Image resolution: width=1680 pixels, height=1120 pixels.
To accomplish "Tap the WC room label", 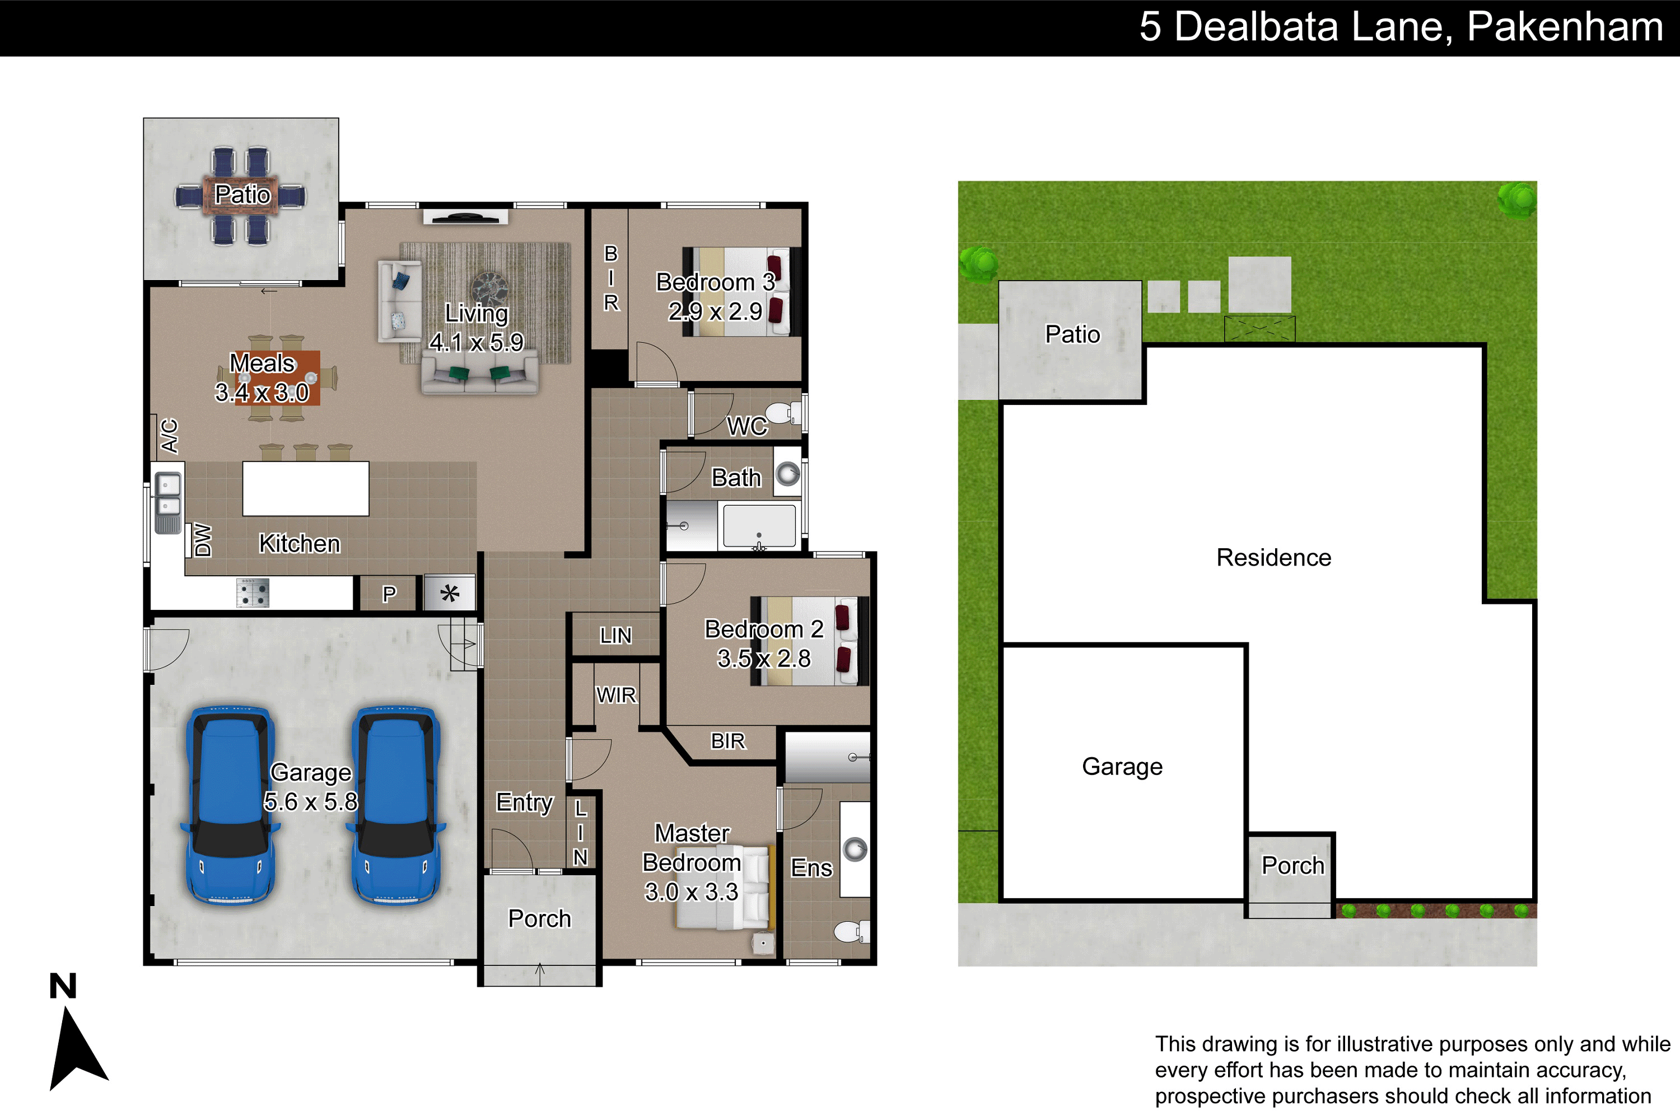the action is [747, 426].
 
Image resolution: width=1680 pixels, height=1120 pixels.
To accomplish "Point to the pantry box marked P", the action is [389, 594].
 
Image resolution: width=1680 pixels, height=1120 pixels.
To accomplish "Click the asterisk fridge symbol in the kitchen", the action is [449, 593].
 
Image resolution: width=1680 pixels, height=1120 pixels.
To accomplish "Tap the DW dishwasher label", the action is [203, 540].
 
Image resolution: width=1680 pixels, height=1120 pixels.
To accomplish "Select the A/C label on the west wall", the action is [169, 436].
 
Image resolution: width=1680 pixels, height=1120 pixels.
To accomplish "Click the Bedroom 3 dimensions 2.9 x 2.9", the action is [715, 311].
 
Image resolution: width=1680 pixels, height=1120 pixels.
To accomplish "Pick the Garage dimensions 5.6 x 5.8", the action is [311, 801].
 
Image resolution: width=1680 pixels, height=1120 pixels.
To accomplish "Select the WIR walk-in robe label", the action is [615, 695].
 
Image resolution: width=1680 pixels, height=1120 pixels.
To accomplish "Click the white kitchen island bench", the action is [306, 488].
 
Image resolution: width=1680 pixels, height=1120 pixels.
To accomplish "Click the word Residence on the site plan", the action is [1273, 557].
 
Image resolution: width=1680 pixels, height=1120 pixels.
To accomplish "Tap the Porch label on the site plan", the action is [1293, 866].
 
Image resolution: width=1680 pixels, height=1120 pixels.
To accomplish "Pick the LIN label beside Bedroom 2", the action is [615, 636].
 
